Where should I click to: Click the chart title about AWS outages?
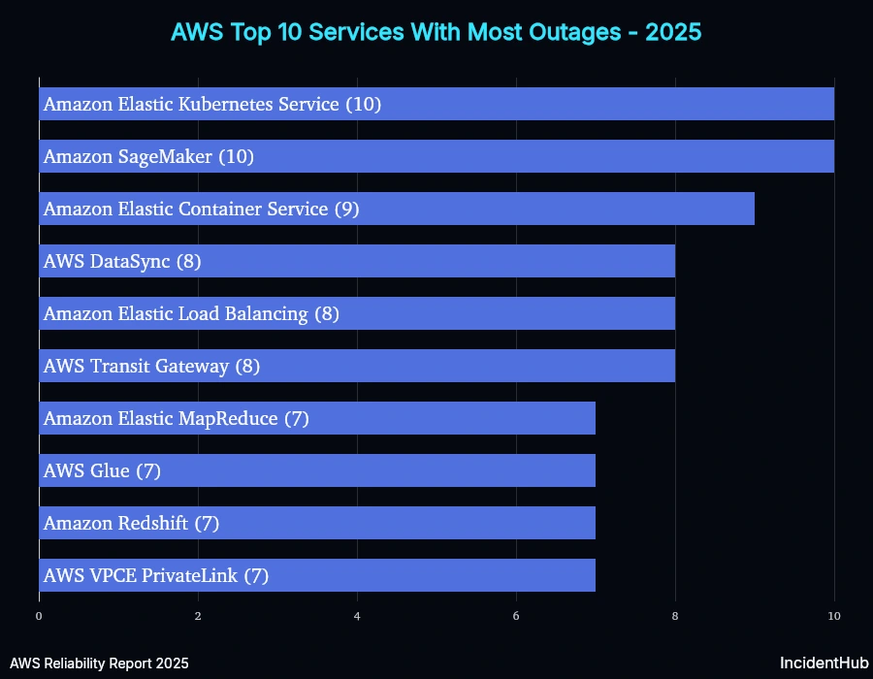click(436, 32)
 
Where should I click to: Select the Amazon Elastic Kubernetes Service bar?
click(436, 104)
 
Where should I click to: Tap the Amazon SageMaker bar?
click(436, 156)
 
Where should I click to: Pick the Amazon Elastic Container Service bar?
click(397, 209)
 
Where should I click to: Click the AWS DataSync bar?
click(357, 261)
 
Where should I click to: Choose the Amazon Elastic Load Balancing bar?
click(357, 313)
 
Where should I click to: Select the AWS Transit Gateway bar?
click(357, 366)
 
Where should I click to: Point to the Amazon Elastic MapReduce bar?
click(317, 418)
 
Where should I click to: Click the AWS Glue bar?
click(317, 470)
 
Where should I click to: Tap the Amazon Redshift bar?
click(317, 523)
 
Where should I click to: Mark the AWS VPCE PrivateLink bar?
click(317, 575)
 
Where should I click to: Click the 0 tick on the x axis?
click(39, 616)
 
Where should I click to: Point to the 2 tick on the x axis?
click(198, 616)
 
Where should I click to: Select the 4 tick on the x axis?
click(357, 616)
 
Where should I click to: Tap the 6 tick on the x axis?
click(516, 616)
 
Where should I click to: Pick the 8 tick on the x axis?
click(675, 616)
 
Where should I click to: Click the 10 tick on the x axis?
click(834, 616)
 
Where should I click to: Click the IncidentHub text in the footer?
click(824, 663)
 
